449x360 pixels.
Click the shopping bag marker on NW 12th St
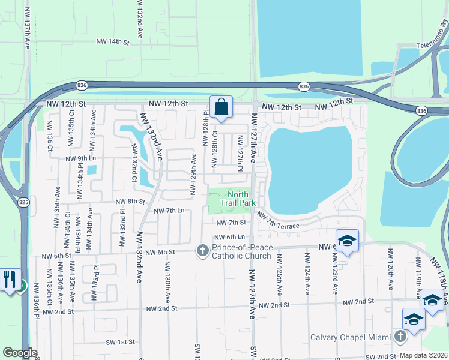tap(221, 108)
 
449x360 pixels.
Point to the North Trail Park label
tap(238, 199)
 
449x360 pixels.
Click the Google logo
tap(19, 353)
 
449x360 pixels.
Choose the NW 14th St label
tap(113, 42)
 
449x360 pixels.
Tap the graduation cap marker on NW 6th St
tap(347, 241)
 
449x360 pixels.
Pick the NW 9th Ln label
tap(80, 158)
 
